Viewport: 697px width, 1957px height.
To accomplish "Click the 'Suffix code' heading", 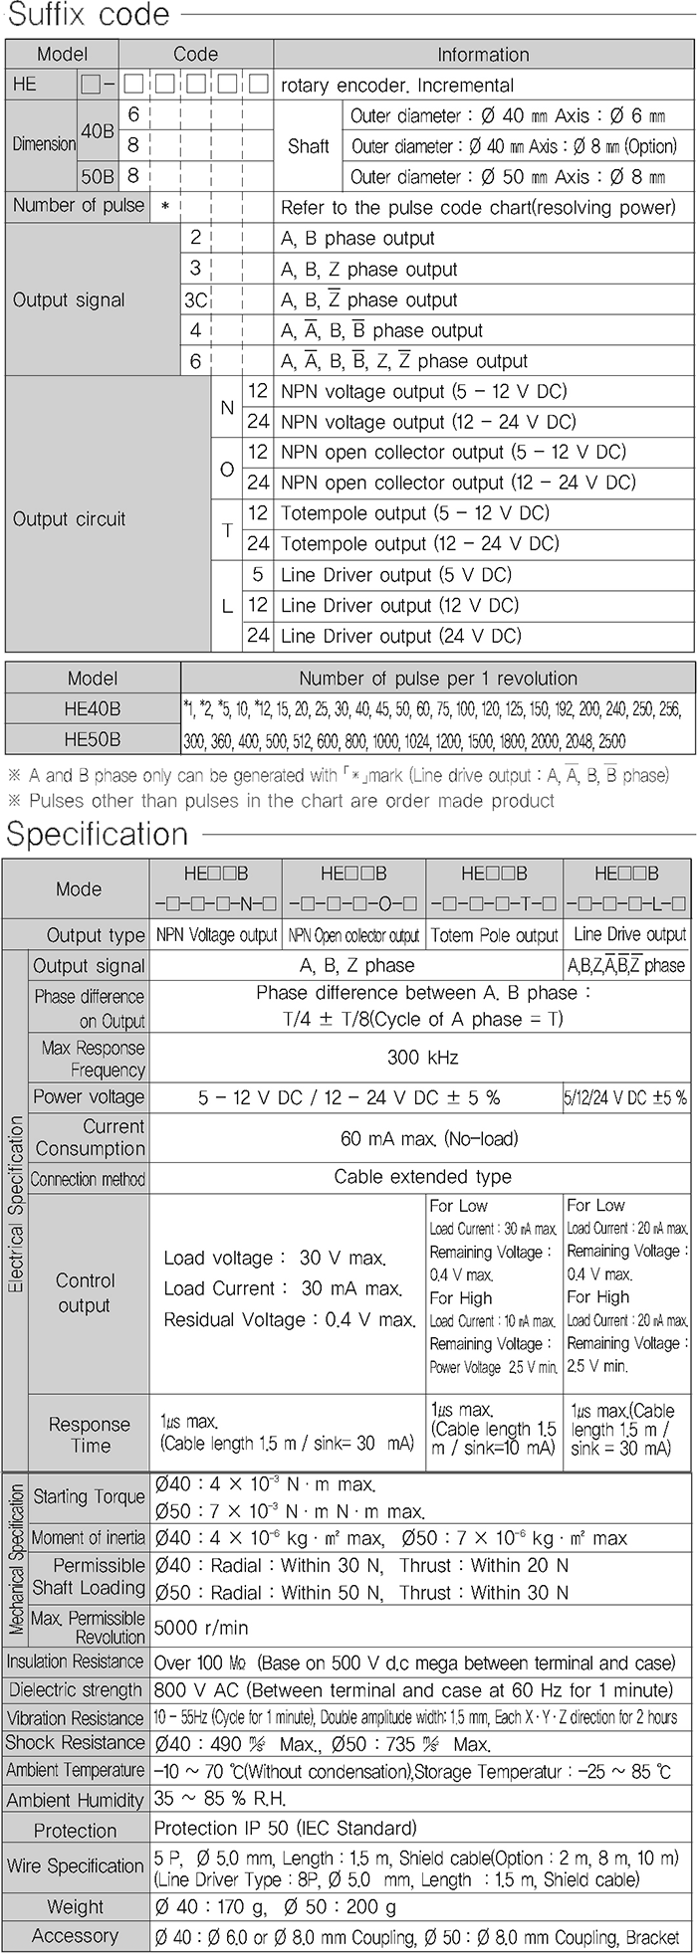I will (x=89, y=17).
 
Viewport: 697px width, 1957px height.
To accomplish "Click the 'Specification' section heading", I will (x=98, y=834).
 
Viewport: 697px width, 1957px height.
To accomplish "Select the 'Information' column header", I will (x=483, y=55).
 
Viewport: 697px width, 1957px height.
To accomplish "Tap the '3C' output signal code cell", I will (x=195, y=300).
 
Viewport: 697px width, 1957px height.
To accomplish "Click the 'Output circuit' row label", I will (x=69, y=519).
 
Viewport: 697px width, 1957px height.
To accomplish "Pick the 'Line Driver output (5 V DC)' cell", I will (x=395, y=575).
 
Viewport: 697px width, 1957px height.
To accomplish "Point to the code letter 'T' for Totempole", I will (x=227, y=529).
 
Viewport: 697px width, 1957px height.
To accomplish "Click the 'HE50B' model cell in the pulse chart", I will (x=92, y=740).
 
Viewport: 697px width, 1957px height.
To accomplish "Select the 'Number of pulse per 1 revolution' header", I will (x=438, y=679).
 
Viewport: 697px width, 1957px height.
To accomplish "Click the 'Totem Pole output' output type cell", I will (x=494, y=936).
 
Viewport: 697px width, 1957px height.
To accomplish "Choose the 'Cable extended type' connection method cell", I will (x=422, y=1177).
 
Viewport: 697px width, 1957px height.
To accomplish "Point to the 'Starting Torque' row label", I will (x=89, y=1496).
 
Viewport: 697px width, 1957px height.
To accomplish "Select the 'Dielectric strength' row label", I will (x=76, y=1690).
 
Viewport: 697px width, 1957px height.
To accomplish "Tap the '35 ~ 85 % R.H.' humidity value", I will (x=219, y=1800).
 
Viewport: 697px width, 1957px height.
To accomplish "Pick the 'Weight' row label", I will (x=75, y=1907).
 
